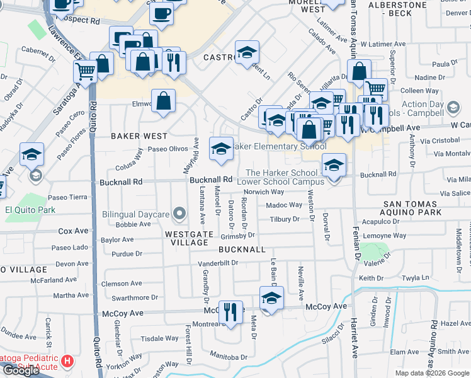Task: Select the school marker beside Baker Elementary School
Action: click(x=220, y=149)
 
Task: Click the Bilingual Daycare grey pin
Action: click(x=179, y=215)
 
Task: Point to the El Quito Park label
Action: click(x=30, y=210)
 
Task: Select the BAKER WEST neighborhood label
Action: click(x=139, y=136)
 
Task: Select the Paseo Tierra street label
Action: click(x=68, y=197)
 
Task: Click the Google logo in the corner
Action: click(x=20, y=370)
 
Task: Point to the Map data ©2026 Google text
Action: click(x=432, y=373)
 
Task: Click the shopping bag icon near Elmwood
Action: click(x=163, y=101)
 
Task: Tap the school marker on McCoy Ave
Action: click(x=271, y=299)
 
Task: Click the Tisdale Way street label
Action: click(x=155, y=338)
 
